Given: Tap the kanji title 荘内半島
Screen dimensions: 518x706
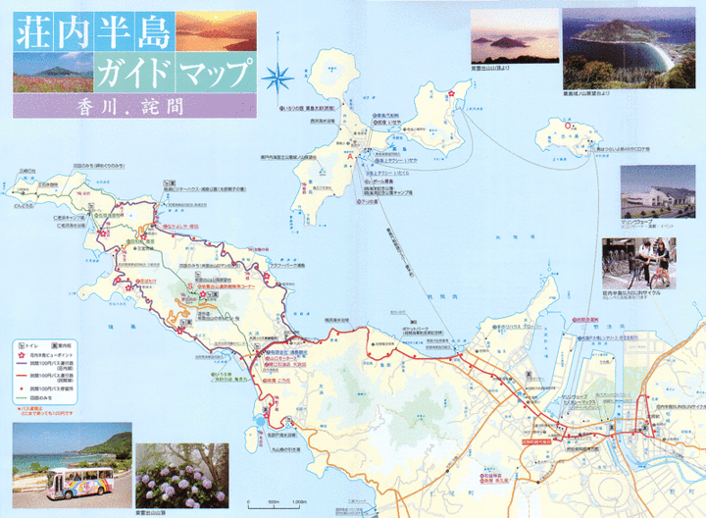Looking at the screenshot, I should point(94,32).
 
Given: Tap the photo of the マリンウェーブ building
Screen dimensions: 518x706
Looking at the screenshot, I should point(657,190).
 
